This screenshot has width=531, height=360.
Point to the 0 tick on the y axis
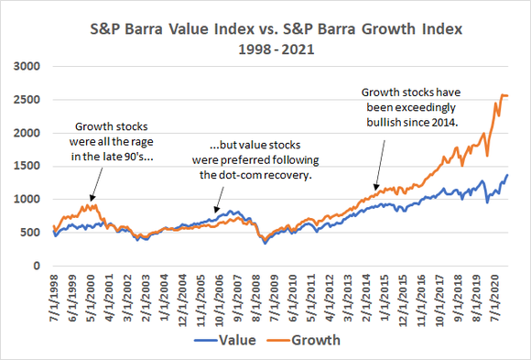click(39, 266)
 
